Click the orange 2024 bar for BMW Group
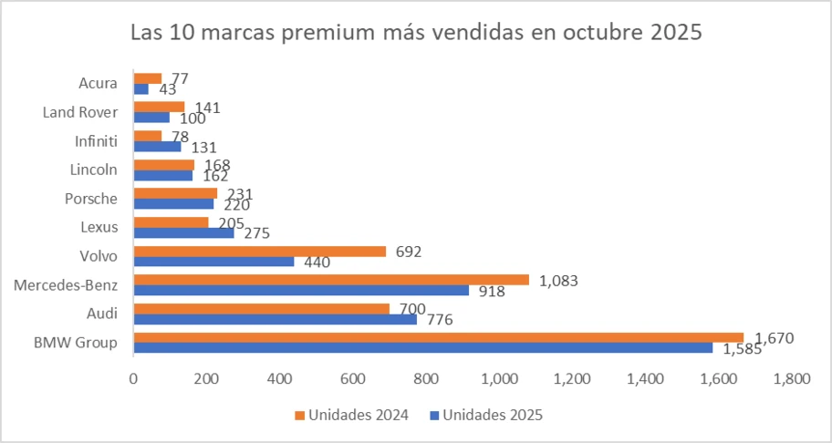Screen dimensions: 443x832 click(438, 337)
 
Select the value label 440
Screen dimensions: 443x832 click(316, 263)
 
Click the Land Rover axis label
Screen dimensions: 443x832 click(80, 112)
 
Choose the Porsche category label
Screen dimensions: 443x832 click(91, 199)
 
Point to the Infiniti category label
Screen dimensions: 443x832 click(96, 140)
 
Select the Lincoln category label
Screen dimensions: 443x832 click(93, 170)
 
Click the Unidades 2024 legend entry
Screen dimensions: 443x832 click(350, 415)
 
